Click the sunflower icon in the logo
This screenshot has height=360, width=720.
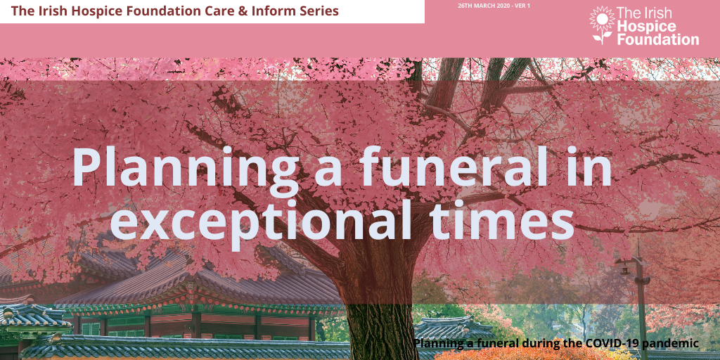(x=602, y=25)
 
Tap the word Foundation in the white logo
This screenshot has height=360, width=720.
(x=658, y=39)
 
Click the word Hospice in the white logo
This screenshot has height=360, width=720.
(x=647, y=27)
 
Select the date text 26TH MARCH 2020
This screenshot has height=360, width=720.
(x=482, y=6)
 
